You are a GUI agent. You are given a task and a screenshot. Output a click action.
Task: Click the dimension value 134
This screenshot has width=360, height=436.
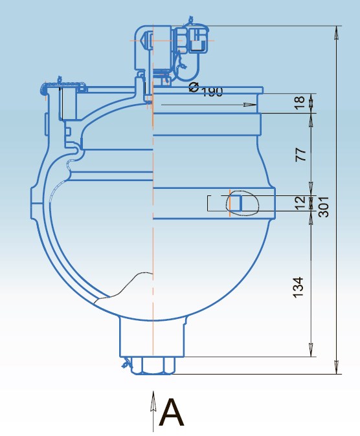click(x=298, y=287)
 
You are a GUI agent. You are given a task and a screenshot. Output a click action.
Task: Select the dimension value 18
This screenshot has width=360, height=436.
click(x=299, y=103)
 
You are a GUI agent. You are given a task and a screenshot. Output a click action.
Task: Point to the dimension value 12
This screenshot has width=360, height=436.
click(x=300, y=203)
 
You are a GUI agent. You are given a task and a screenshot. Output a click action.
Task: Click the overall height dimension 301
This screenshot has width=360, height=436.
click(x=324, y=206)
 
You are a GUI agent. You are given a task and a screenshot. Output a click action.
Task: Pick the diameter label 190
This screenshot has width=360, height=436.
click(x=212, y=91)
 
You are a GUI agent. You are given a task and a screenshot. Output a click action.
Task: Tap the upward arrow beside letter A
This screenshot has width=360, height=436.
click(x=153, y=411)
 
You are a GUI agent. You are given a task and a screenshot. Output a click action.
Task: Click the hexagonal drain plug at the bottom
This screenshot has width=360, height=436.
click(x=153, y=365)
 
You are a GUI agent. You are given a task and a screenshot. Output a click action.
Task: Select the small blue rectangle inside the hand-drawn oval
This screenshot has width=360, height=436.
click(x=238, y=203)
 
